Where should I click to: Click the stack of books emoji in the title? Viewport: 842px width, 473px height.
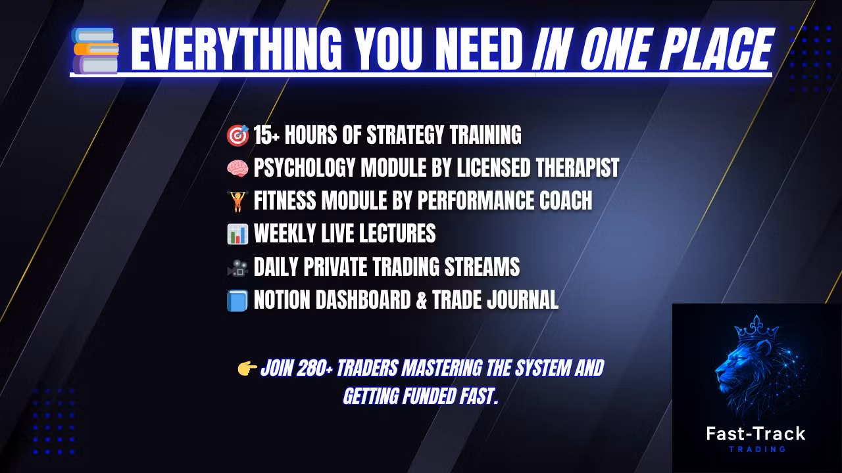tap(95, 51)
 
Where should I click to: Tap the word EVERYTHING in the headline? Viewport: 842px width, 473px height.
tap(235, 49)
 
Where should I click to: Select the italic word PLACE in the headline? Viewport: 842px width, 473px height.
tap(716, 49)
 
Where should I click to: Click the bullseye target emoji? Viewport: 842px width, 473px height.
tap(237, 135)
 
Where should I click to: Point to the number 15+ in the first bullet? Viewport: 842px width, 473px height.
tap(266, 135)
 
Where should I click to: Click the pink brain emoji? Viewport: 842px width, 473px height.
tap(237, 168)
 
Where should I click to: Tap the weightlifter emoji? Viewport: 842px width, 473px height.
tap(237, 201)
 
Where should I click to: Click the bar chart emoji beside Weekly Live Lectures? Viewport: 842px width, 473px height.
tap(237, 234)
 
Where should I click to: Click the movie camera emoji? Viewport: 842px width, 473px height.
tap(237, 267)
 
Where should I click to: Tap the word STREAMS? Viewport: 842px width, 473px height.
tap(482, 267)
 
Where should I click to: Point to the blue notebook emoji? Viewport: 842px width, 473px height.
tap(237, 301)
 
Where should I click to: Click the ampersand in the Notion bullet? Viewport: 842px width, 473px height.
tap(422, 300)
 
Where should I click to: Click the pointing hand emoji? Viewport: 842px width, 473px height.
tap(247, 369)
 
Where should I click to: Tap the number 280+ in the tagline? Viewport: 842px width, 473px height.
tap(315, 368)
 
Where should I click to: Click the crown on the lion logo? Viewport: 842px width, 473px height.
tap(756, 328)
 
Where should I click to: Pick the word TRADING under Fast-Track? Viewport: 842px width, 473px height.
tap(757, 449)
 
